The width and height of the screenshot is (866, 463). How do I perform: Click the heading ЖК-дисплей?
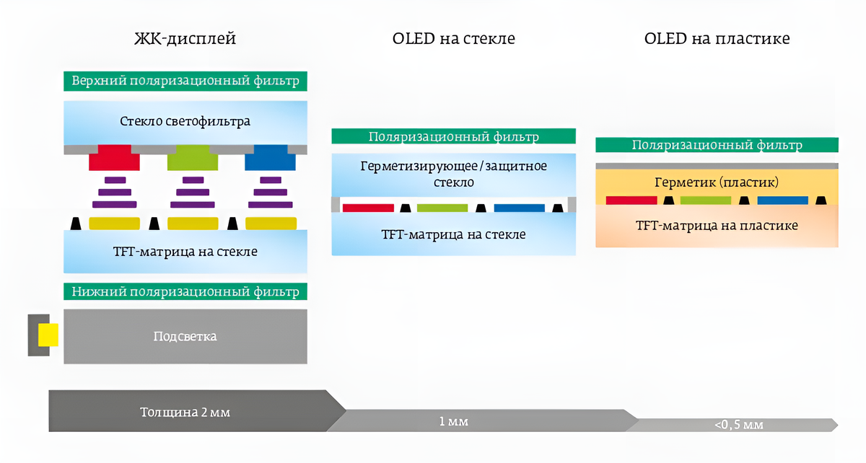pos(185,38)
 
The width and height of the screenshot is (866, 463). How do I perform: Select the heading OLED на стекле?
pos(453,38)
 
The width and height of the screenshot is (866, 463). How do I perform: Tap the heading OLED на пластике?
pos(717,38)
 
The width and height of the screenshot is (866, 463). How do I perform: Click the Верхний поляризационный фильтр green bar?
pos(185,81)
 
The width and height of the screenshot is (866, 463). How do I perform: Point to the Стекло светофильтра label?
pos(185,121)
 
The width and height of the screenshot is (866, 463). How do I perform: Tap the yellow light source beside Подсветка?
pos(48,335)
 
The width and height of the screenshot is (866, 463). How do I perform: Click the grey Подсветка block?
pos(185,336)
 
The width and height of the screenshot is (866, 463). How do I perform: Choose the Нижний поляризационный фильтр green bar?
pos(185,291)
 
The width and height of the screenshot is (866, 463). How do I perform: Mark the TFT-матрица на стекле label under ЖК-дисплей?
pos(185,252)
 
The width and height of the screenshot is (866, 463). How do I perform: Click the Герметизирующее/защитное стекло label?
pos(453,174)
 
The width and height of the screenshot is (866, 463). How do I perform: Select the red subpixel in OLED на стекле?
pos(368,208)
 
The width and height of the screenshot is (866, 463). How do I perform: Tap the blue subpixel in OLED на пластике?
pos(782,200)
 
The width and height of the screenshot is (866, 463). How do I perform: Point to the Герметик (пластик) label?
pos(717,182)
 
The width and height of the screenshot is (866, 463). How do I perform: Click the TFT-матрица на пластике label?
pos(717,226)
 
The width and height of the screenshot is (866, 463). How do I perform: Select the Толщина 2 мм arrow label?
pos(185,413)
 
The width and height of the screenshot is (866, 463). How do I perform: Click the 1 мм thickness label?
pos(453,420)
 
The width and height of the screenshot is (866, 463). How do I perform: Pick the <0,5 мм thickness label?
pos(738,425)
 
